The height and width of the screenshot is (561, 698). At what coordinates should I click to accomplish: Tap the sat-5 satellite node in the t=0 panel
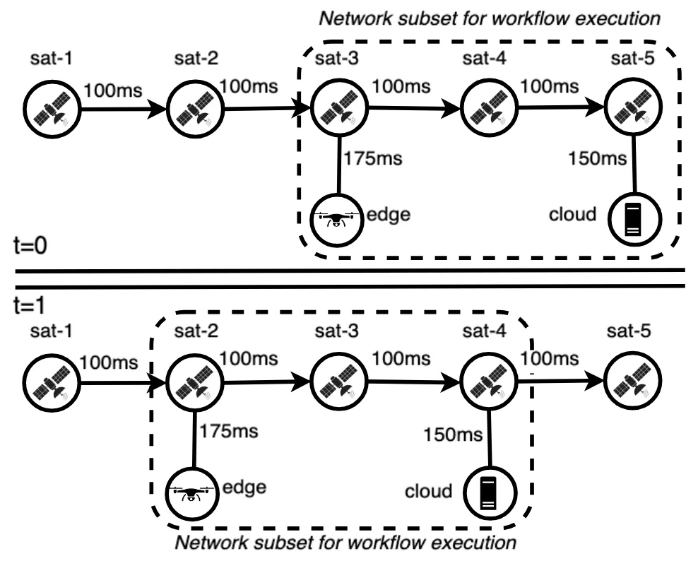(632, 110)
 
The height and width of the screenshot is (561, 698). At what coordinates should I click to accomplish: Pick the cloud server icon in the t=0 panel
(633, 218)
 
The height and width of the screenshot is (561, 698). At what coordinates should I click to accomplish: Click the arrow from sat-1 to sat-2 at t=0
(124, 110)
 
